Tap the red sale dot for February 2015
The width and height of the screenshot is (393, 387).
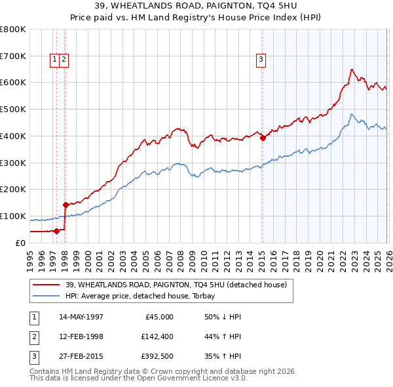pyautogui.click(x=263, y=138)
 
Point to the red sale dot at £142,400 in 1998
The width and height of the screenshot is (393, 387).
pyautogui.click(x=65, y=205)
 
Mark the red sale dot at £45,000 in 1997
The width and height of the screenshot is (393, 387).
pyautogui.click(x=57, y=230)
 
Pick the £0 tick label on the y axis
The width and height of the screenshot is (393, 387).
pyautogui.click(x=20, y=243)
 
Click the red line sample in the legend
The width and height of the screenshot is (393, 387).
pyautogui.click(x=46, y=285)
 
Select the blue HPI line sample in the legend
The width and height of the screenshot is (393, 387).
pyautogui.click(x=46, y=296)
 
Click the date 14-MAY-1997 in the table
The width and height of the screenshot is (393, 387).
pyautogui.click(x=81, y=317)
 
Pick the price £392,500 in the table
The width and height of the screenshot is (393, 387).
pyautogui.click(x=157, y=357)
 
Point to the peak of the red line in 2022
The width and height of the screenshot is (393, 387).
pyautogui.click(x=352, y=69)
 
